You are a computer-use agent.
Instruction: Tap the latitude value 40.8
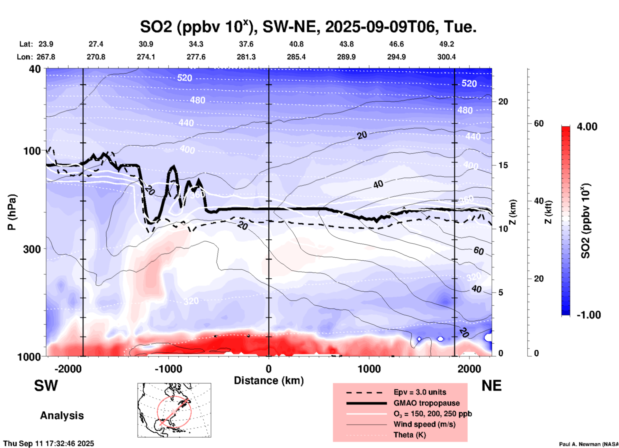[296, 44]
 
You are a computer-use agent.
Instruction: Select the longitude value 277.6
[196, 57]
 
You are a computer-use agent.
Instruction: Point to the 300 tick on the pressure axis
[32, 249]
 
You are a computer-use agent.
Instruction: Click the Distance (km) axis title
[269, 381]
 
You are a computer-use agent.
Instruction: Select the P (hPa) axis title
[12, 212]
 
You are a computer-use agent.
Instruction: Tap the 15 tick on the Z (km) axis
[503, 166]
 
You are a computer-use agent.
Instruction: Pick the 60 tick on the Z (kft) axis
[539, 124]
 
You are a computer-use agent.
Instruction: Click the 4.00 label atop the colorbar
[587, 127]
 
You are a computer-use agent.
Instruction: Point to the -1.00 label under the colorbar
[588, 315]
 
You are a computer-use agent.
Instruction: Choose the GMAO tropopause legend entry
[426, 403]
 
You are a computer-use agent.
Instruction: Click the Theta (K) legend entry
[409, 435]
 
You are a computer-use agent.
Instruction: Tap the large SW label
[46, 386]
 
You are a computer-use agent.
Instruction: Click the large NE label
[491, 386]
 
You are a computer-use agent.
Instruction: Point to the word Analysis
[62, 416]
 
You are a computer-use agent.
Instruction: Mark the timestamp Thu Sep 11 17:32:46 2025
[49, 444]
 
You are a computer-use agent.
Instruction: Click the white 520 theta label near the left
[184, 78]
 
